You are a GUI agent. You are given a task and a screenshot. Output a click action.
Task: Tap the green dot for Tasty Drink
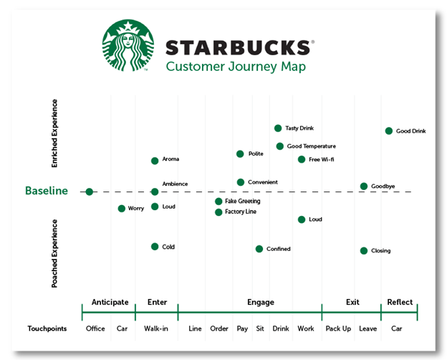click(x=278, y=128)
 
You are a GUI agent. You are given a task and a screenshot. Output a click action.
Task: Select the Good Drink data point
click(x=389, y=131)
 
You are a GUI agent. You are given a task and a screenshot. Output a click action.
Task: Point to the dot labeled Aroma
click(x=155, y=161)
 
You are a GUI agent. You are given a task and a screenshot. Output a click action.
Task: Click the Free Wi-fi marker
click(x=302, y=159)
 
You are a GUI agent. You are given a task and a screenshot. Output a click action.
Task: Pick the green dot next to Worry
click(x=122, y=209)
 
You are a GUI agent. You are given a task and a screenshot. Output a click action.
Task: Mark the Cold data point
click(x=155, y=247)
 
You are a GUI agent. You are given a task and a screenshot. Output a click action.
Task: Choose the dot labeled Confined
click(x=259, y=249)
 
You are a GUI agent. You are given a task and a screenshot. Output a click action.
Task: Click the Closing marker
click(x=364, y=251)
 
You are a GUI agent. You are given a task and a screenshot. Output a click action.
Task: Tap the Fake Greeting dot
click(x=218, y=202)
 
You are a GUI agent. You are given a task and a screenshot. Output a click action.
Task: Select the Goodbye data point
click(x=364, y=186)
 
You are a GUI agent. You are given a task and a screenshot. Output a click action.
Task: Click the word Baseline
click(x=47, y=191)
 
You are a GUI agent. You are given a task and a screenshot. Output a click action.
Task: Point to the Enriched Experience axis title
click(x=55, y=133)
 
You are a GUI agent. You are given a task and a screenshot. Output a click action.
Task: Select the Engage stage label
click(x=261, y=302)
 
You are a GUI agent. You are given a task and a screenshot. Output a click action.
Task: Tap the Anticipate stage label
click(x=110, y=302)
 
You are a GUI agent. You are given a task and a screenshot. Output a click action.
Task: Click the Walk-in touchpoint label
click(x=157, y=328)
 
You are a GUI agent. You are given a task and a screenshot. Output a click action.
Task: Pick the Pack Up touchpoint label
click(x=338, y=328)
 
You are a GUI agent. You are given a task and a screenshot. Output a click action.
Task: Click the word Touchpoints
click(x=47, y=328)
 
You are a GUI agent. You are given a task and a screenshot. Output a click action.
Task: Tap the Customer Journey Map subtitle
click(x=226, y=67)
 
